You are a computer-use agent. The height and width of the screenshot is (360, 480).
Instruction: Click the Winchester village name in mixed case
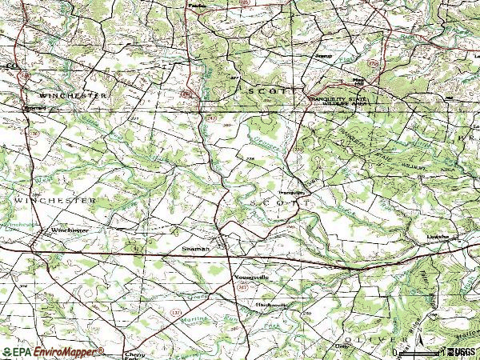(68, 230)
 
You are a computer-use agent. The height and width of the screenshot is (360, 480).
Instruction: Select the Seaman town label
(195, 250)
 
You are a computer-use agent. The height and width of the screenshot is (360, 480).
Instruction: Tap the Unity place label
(343, 346)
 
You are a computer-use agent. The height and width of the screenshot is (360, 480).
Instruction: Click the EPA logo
(16, 352)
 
